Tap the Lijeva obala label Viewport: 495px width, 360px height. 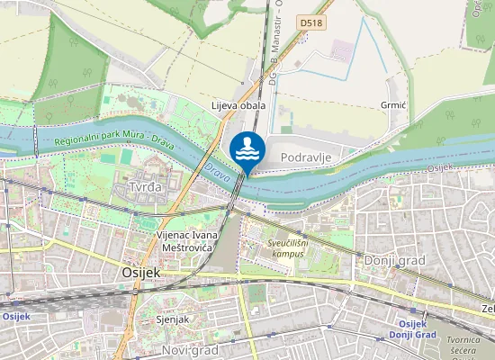[238, 106]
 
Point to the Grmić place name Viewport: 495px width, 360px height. [394, 106]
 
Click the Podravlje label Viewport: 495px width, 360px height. [307, 158]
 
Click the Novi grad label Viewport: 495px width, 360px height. [190, 349]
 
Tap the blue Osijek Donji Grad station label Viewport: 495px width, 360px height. [412, 329]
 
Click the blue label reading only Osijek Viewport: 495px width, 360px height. [16, 316]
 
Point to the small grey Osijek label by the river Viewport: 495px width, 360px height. [438, 168]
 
